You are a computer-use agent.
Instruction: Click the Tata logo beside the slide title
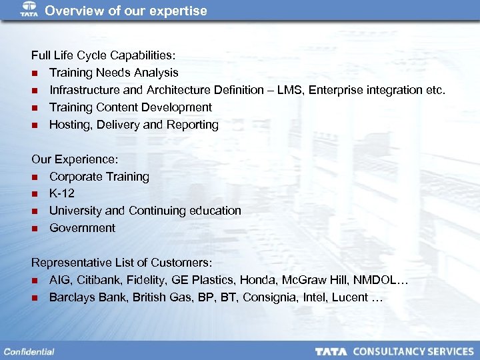(29, 10)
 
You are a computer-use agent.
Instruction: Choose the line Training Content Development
(131, 107)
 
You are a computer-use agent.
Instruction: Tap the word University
(76, 211)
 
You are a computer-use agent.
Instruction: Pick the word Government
(82, 228)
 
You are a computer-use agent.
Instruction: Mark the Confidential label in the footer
(29, 351)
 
